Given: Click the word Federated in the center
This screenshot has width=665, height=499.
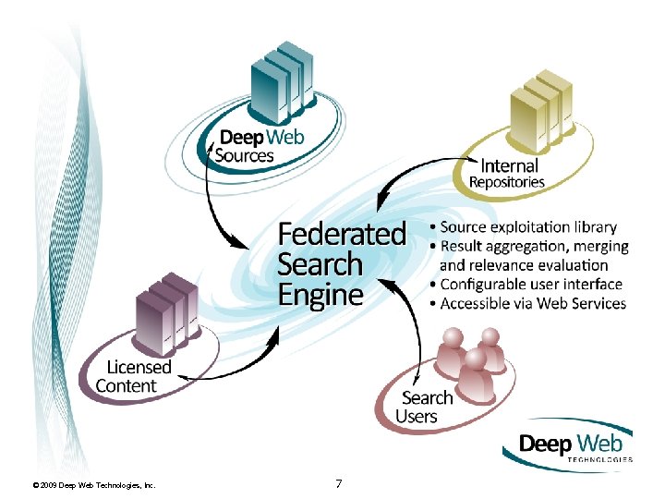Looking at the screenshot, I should click(x=342, y=234).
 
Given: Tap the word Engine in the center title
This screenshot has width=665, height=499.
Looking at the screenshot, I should click(x=320, y=295).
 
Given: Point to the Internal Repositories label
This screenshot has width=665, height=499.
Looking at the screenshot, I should click(x=507, y=174).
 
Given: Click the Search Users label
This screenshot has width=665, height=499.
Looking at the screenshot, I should click(x=426, y=407).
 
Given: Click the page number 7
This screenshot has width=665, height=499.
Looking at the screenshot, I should click(x=339, y=483).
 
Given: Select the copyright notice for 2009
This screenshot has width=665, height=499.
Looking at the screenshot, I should click(x=93, y=485).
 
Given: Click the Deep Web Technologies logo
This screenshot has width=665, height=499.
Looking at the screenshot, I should click(x=568, y=445).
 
